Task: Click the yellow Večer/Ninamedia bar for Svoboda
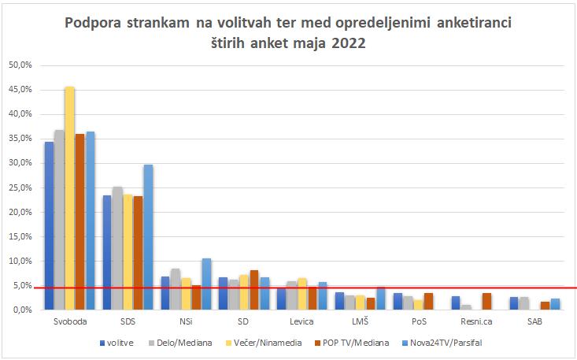(69, 198)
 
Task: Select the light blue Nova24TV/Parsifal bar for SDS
(148, 237)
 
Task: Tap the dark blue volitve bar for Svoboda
(49, 225)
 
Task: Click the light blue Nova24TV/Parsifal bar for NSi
(206, 284)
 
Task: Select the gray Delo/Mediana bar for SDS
(117, 248)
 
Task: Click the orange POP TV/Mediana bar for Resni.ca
(487, 301)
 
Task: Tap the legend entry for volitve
(118, 343)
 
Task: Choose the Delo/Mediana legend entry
(181, 343)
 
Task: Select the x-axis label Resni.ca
(476, 321)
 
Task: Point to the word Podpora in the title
(98, 23)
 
